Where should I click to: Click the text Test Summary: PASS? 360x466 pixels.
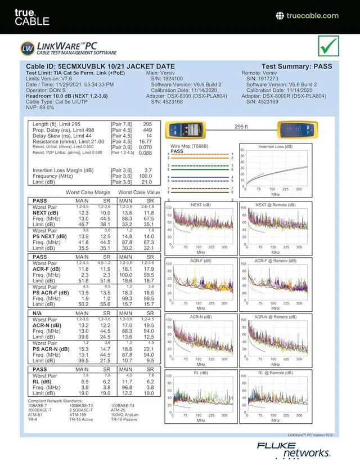tap(297, 66)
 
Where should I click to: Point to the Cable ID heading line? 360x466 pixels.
tap(100, 66)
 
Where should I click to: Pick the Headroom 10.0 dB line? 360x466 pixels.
tap(67, 96)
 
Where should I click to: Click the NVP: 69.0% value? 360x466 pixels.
tap(40, 107)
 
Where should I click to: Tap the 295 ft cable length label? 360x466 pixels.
tap(241, 127)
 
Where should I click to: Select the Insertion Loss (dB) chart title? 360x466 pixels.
tap(275, 147)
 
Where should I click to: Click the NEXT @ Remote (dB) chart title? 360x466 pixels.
tap(275, 205)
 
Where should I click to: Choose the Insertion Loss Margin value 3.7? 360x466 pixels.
tap(148, 170)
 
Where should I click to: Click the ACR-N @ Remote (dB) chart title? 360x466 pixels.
tap(275, 317)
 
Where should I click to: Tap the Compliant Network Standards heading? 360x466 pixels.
tap(53, 401)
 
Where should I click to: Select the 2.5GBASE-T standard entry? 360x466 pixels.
tap(82, 410)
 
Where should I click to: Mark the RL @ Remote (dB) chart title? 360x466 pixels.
tap(275, 373)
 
